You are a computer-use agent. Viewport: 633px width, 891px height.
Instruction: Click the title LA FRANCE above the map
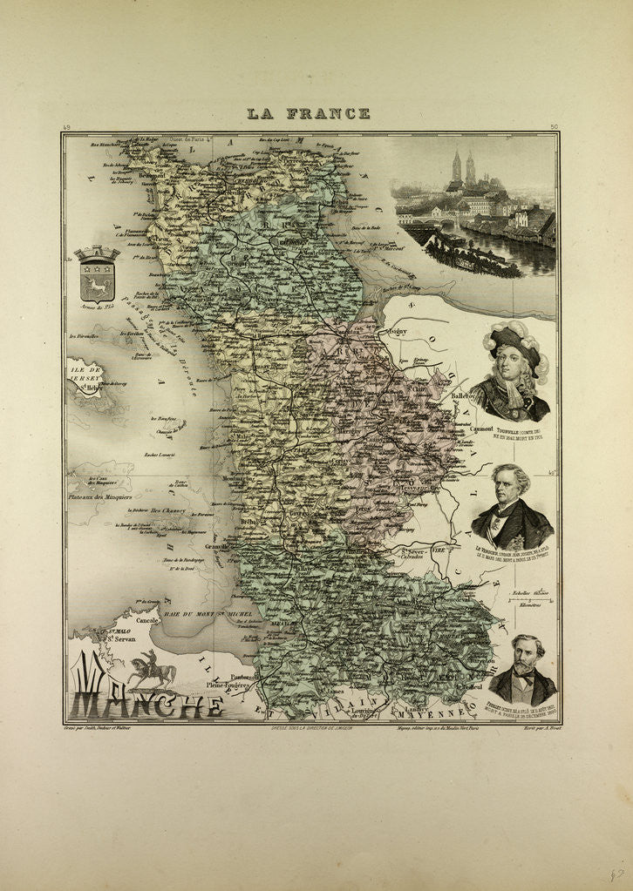308,113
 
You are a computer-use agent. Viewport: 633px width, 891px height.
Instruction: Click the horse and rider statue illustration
151,670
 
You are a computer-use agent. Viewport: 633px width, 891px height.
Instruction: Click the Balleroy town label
463,395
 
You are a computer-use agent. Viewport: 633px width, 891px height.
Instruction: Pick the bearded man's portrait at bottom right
522,671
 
